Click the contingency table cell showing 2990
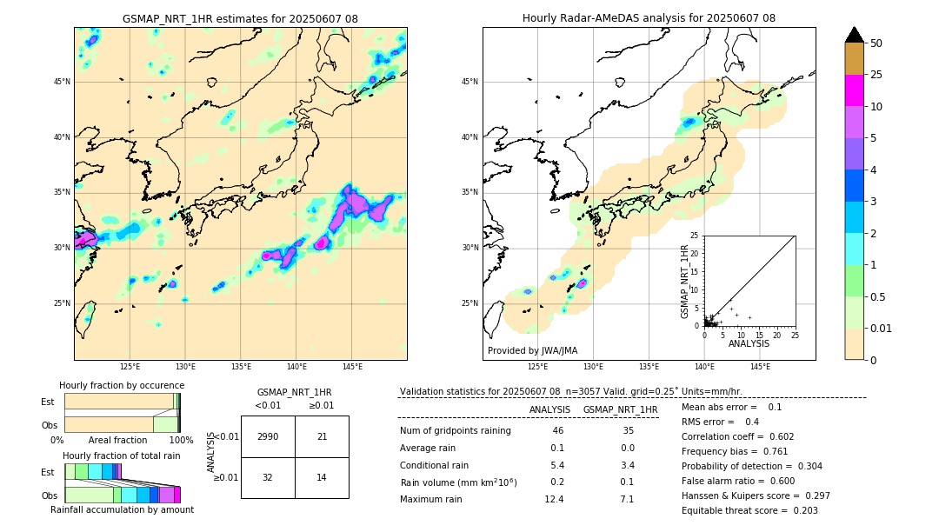(268, 436)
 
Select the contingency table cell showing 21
(322, 436)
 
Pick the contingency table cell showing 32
(268, 478)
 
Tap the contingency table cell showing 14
(322, 478)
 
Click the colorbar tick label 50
(876, 43)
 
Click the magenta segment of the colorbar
(854, 90)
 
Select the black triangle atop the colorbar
(855, 35)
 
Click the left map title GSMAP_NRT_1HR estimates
(240, 18)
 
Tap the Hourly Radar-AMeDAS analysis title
(649, 18)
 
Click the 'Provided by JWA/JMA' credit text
(532, 350)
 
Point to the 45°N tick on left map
(62, 82)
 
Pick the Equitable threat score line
(749, 510)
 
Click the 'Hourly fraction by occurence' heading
(122, 385)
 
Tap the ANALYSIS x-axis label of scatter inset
(749, 343)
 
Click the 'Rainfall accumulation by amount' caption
(122, 509)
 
